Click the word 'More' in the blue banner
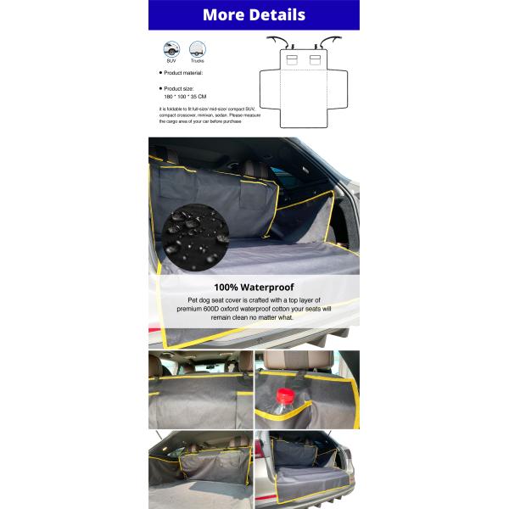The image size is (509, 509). click(223, 15)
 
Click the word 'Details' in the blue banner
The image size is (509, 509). click(277, 15)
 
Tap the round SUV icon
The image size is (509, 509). click(171, 48)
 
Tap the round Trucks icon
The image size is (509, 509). click(197, 48)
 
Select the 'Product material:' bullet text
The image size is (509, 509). click(185, 74)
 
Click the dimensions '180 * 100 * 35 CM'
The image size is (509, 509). click(185, 98)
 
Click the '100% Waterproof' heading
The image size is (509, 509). click(254, 288)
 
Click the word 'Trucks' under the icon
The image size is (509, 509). click(197, 62)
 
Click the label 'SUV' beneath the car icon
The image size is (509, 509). click(171, 62)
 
